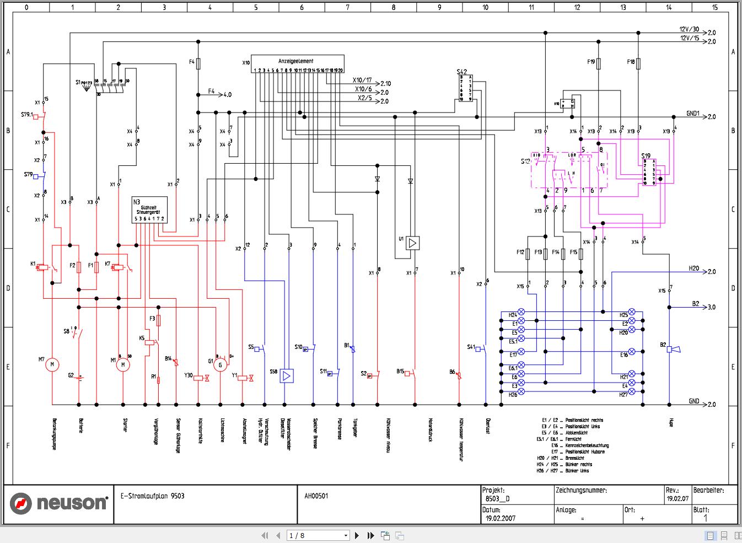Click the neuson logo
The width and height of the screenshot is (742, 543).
pyautogui.click(x=58, y=503)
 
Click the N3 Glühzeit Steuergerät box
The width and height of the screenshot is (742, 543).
pyautogui.click(x=149, y=210)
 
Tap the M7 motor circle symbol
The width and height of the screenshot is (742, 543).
pyautogui.click(x=52, y=364)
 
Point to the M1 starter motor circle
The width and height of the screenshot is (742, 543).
pyautogui.click(x=123, y=364)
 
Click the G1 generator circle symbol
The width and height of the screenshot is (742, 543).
pyautogui.click(x=220, y=364)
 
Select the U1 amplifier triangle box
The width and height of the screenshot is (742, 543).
pyautogui.click(x=412, y=243)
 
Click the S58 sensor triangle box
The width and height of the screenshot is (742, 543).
pyautogui.click(x=286, y=376)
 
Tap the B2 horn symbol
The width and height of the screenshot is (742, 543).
pyautogui.click(x=673, y=349)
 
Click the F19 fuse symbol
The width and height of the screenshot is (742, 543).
pyautogui.click(x=599, y=63)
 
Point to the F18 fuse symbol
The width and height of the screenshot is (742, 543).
pyautogui.click(x=638, y=63)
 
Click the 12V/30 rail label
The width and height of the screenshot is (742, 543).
pyautogui.click(x=689, y=29)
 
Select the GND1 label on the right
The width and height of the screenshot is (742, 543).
pyautogui.click(x=692, y=114)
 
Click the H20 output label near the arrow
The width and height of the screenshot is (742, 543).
pyautogui.click(x=693, y=268)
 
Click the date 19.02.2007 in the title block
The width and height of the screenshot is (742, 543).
pyautogui.click(x=501, y=518)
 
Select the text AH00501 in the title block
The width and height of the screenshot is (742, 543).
pyautogui.click(x=316, y=496)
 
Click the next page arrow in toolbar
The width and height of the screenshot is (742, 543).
pyautogui.click(x=357, y=535)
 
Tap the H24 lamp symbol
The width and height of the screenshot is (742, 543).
pyautogui.click(x=521, y=312)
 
